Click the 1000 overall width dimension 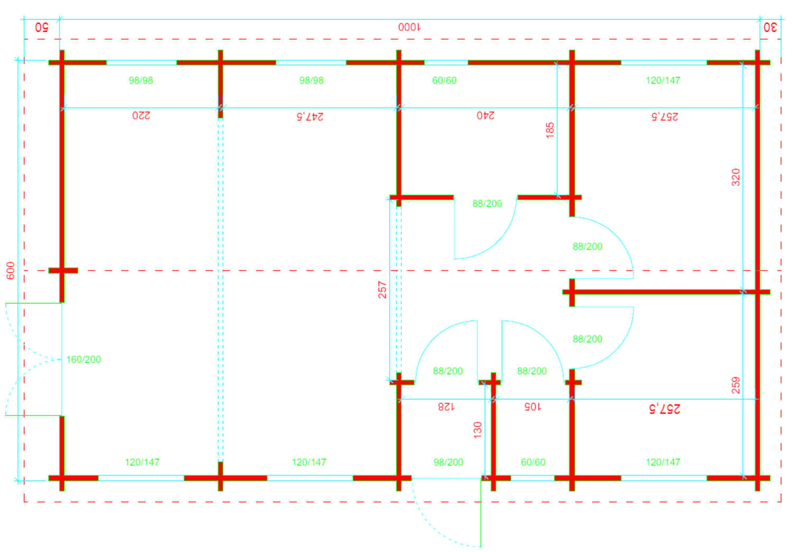pos(410,27)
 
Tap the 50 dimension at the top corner pos(42,27)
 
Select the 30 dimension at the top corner pos(770,27)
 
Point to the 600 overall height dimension pos(11,270)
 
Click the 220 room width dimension pos(141,115)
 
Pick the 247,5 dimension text pos(310,116)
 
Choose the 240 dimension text pos(485,115)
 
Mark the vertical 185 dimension pos(550,130)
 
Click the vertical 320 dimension pos(736,177)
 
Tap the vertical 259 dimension pos(736,385)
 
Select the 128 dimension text pos(446,406)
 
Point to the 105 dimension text pos(532,406)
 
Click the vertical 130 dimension pos(478,430)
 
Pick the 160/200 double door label pos(84,360)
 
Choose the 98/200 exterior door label pos(448,462)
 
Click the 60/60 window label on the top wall pos(445,80)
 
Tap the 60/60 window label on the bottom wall pos(533,462)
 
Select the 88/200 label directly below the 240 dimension pos(487,204)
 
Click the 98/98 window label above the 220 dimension pos(141,80)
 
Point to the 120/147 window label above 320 pos(663,80)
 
